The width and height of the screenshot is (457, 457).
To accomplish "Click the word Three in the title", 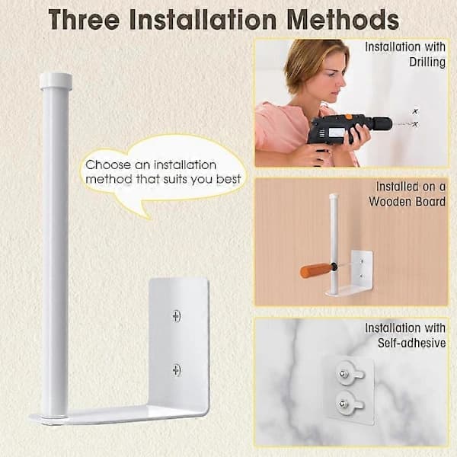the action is click(84, 20).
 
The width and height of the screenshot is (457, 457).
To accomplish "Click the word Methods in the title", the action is click(343, 20).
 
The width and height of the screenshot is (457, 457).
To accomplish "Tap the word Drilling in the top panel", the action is click(427, 62).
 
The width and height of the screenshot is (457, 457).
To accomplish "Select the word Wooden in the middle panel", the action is click(390, 202).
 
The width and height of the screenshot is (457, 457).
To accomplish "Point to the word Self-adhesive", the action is click(411, 343).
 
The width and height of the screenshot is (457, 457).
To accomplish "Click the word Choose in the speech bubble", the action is click(108, 165).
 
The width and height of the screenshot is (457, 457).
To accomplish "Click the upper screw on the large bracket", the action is click(177, 316).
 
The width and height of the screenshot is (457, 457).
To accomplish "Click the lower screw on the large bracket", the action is click(177, 370).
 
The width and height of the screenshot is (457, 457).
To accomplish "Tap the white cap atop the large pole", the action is click(56, 81).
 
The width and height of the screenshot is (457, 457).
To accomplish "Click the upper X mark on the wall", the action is click(415, 111).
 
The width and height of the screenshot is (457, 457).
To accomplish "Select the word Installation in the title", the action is click(203, 20).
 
